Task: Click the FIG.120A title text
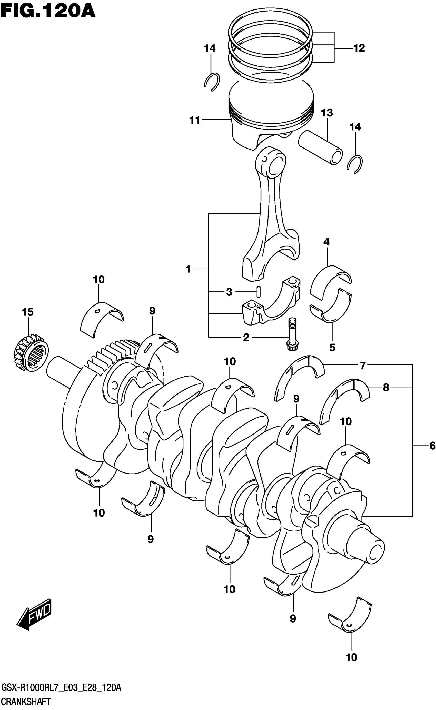click(48, 11)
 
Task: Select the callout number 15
click(28, 312)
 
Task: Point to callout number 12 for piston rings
click(359, 48)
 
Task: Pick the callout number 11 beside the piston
click(195, 120)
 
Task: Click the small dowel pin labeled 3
click(259, 291)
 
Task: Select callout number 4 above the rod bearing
click(326, 242)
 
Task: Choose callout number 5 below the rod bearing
click(332, 348)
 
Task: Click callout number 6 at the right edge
click(432, 446)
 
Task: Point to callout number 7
click(363, 366)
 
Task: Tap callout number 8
click(386, 387)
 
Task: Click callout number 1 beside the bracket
click(188, 269)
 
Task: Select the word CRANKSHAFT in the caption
click(26, 702)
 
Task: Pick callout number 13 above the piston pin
click(327, 113)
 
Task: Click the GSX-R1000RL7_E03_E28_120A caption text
click(61, 688)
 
